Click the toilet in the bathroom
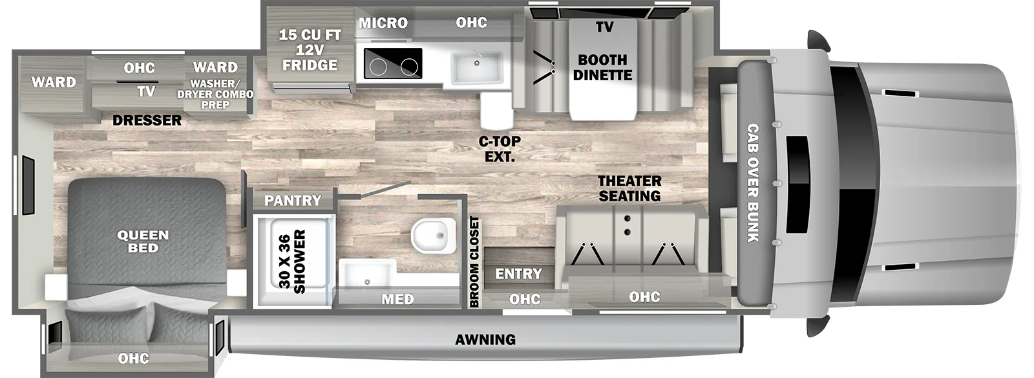tap(432, 236)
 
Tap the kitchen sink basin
tap(477, 68)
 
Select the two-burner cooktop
tap(393, 63)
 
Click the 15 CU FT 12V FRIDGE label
tap(310, 50)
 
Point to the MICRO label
tap(383, 23)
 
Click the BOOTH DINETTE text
tap(602, 67)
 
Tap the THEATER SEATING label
tap(629, 188)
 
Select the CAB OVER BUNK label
tap(753, 183)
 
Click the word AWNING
tap(485, 340)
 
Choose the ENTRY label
tap(518, 274)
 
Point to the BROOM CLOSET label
tap(474, 262)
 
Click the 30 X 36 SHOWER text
tap(292, 261)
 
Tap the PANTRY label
tap(293, 201)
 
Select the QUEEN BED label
tap(143, 241)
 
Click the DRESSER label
tap(147, 120)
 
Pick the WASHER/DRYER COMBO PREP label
tap(215, 94)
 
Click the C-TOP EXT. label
tap(500, 149)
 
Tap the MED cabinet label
tap(398, 300)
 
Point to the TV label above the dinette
tap(604, 27)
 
